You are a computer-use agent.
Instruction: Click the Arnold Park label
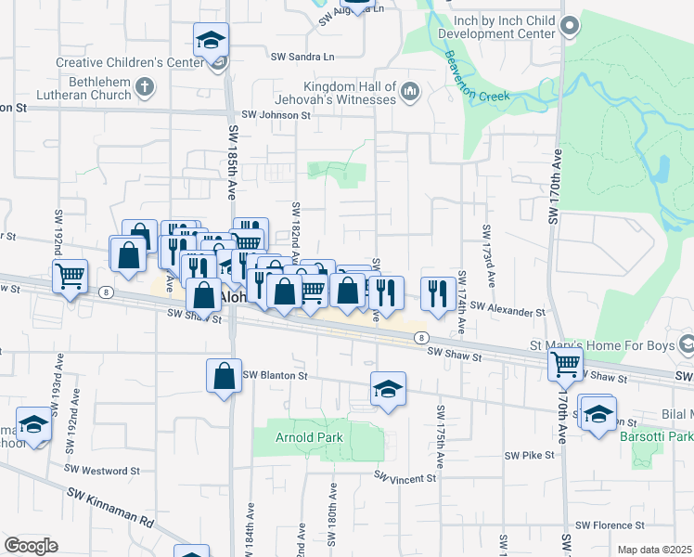(310, 437)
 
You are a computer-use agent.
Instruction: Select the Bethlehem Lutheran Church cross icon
(143, 87)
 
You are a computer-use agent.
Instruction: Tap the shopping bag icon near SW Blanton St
(224, 376)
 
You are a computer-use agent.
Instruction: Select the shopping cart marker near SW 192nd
(71, 276)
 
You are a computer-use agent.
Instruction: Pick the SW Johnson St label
(276, 115)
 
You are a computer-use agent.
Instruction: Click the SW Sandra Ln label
(302, 57)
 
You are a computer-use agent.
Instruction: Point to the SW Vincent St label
(405, 478)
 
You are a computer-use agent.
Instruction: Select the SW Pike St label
(529, 455)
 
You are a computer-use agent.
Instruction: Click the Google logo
(31, 546)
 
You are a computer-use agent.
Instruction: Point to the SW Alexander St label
(508, 313)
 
